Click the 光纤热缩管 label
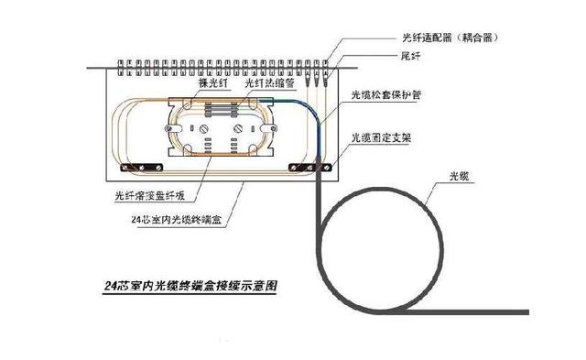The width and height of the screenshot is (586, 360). [x=266, y=83]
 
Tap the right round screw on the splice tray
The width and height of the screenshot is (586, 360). [x=240, y=129]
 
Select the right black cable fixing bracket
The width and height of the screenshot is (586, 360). [x=307, y=167]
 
